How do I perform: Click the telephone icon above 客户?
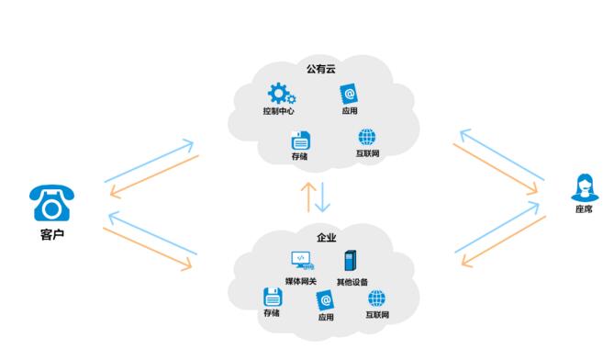(51, 203)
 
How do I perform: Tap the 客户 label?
(52, 234)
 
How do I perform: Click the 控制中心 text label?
(280, 112)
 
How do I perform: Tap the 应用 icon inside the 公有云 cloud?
(347, 94)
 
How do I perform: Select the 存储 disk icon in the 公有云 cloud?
(299, 141)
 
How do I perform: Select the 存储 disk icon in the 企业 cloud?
(272, 297)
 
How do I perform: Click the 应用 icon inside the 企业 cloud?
(325, 300)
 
